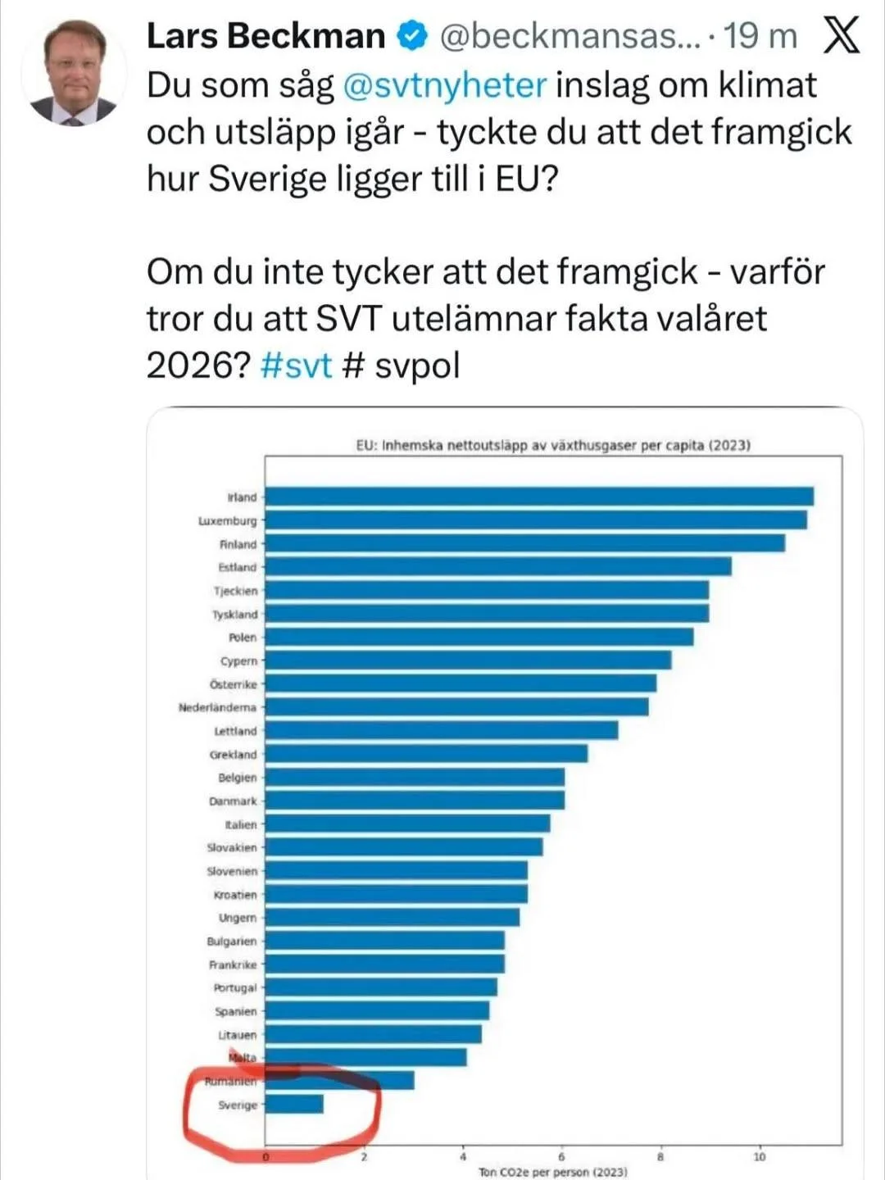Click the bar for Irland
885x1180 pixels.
(x=539, y=497)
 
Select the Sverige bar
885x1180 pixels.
(x=294, y=1105)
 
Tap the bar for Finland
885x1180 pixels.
(x=525, y=543)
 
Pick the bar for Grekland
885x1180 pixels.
(x=426, y=754)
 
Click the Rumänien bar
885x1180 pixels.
(x=339, y=1081)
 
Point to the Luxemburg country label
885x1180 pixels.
(x=228, y=520)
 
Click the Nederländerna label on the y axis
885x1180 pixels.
(x=218, y=707)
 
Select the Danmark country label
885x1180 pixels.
(x=233, y=801)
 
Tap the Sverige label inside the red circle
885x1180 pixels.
(x=238, y=1105)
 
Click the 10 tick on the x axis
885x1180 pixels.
(x=760, y=1157)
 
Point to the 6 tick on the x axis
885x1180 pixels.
(x=562, y=1157)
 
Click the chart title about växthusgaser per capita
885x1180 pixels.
(x=553, y=446)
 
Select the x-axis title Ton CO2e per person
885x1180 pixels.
(x=553, y=1173)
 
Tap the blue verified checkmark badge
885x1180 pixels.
(x=411, y=35)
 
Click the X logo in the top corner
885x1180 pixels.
(x=841, y=36)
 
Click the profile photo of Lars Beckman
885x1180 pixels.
(x=76, y=72)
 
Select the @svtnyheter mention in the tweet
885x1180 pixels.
(x=444, y=85)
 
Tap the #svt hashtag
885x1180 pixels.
(x=296, y=365)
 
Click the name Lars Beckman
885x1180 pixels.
(x=265, y=36)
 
